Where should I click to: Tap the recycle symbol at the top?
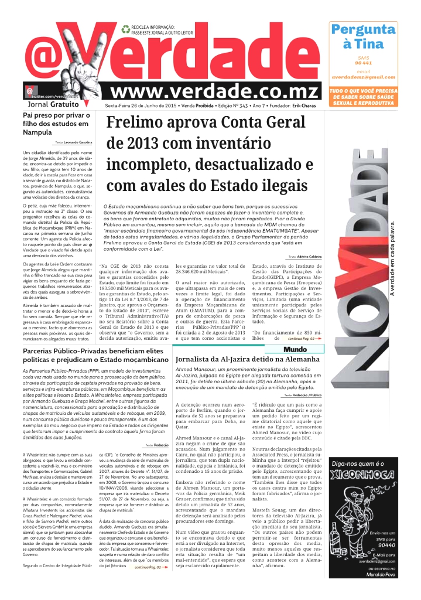click(125, 28)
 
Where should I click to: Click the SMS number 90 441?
click(363, 63)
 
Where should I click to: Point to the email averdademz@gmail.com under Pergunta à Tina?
click(363, 77)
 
